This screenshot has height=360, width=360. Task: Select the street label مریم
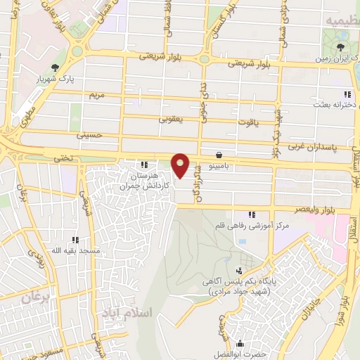(96, 94)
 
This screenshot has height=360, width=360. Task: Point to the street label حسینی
(93, 134)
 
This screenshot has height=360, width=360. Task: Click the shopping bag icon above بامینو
(219, 154)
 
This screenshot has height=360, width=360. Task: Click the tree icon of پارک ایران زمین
(341, 48)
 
